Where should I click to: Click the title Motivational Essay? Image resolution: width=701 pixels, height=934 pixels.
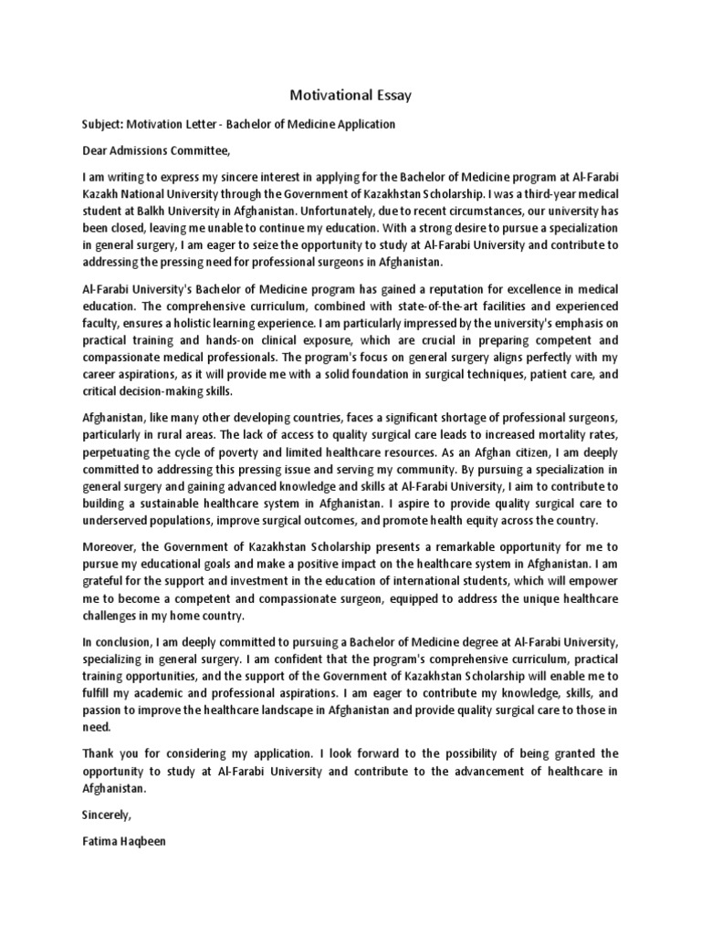pos(350,94)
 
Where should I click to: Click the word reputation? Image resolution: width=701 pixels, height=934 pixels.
pos(442,288)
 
